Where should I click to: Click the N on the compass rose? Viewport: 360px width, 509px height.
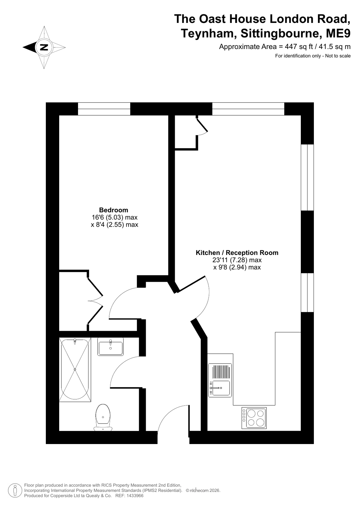44,47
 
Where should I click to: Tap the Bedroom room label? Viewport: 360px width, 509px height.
113,210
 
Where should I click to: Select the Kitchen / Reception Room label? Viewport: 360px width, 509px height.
237,253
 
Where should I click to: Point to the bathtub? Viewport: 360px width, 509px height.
75,370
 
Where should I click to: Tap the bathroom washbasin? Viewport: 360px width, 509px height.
110,347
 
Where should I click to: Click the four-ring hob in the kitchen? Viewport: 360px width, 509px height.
254,418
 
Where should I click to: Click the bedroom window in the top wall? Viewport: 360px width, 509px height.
104,109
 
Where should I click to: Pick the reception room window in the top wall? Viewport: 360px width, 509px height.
248,109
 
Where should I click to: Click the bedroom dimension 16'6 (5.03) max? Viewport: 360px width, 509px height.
115,217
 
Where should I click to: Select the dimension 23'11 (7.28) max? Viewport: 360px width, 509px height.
237,260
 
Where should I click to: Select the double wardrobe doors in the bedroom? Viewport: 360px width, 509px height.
95,301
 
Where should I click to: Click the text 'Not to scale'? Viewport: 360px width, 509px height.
338,56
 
